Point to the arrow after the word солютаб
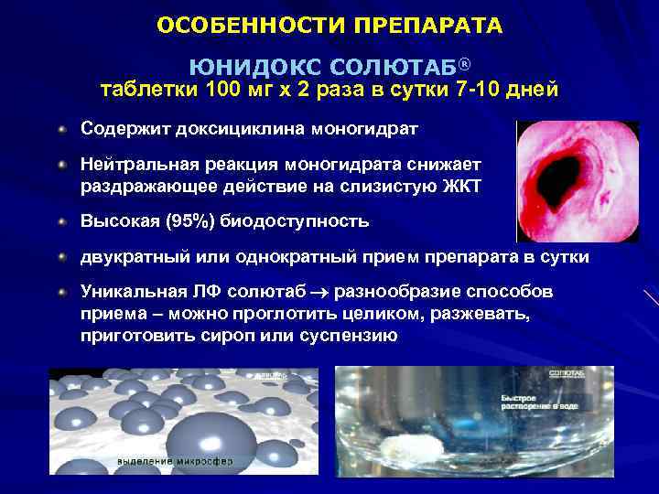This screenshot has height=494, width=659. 326,293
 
